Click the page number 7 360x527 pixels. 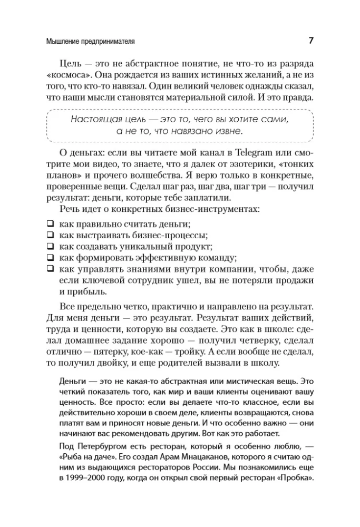pyautogui.click(x=311, y=41)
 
